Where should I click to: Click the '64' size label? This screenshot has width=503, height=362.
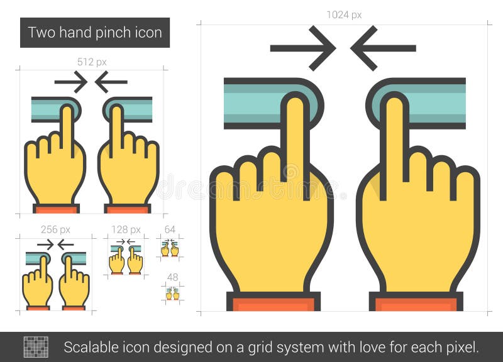point(170,229)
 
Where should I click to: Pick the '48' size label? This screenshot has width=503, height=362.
point(172,277)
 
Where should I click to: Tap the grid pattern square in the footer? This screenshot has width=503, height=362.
point(36,346)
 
